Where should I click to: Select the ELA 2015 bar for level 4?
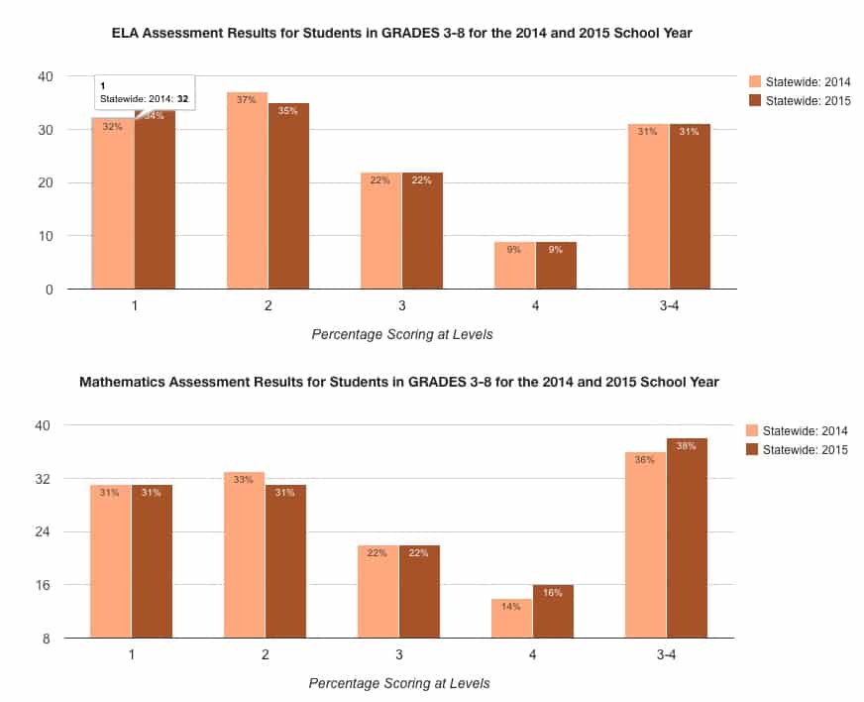[556, 266]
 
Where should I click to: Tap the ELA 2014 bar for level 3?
[380, 233]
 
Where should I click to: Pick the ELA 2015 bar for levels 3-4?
[690, 208]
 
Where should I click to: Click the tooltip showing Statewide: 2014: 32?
[144, 93]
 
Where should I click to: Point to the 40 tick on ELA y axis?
[45, 76]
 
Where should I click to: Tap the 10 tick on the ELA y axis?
[45, 236]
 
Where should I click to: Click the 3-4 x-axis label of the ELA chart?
[670, 305]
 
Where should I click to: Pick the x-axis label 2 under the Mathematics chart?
[266, 655]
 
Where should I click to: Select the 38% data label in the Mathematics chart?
[687, 446]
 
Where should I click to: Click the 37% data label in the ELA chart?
[247, 99]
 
